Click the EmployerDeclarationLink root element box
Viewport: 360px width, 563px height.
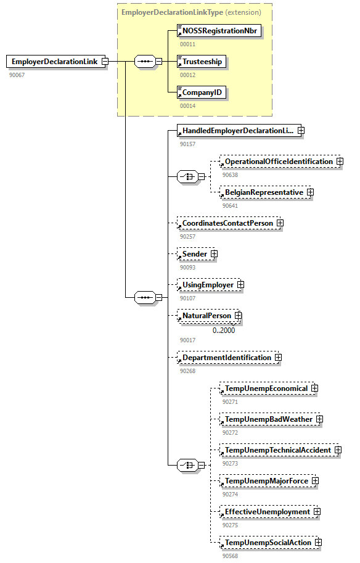point(54,62)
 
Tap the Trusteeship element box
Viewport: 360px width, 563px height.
point(201,62)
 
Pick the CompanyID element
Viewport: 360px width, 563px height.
point(201,92)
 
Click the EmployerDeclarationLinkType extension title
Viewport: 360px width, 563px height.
point(191,12)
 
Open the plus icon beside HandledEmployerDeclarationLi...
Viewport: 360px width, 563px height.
point(301,131)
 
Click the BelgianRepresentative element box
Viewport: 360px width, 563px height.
point(263,192)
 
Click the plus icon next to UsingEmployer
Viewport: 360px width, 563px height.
point(240,285)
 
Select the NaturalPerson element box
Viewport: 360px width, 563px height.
point(206,316)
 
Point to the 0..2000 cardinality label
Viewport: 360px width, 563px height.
point(224,330)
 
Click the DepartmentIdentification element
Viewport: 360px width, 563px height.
point(226,358)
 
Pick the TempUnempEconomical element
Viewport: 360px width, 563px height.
point(265,388)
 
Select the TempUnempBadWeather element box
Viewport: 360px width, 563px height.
point(268,419)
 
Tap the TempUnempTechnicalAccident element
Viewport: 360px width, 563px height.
point(277,450)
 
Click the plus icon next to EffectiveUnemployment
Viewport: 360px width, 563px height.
point(317,512)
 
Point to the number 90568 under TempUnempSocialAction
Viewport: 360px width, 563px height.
point(231,556)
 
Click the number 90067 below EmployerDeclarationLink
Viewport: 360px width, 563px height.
point(17,75)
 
